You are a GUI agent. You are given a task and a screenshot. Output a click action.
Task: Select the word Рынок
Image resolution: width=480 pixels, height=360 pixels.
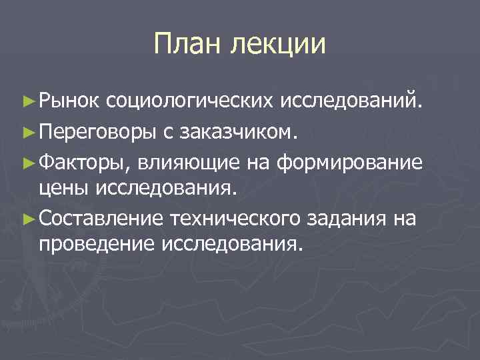point(69,101)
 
